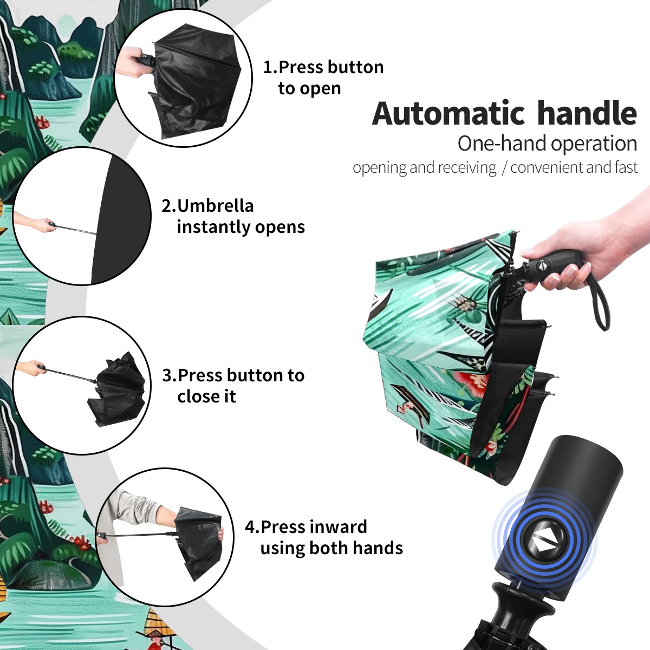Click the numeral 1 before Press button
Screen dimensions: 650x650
click(269, 68)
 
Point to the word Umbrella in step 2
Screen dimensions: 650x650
click(215, 206)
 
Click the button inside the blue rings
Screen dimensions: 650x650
click(544, 543)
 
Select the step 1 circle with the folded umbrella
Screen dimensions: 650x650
click(183, 78)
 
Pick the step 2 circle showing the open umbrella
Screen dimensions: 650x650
click(82, 216)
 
